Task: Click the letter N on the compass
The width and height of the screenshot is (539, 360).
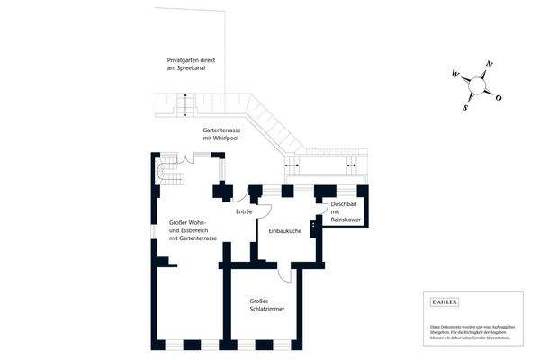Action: (x=489, y=64)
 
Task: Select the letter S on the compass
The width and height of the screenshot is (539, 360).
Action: (x=466, y=107)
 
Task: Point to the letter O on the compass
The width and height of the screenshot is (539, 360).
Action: (x=499, y=97)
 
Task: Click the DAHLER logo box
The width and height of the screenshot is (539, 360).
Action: (x=445, y=302)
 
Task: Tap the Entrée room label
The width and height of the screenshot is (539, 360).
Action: (x=244, y=211)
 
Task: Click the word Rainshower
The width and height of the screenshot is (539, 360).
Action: (x=346, y=220)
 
